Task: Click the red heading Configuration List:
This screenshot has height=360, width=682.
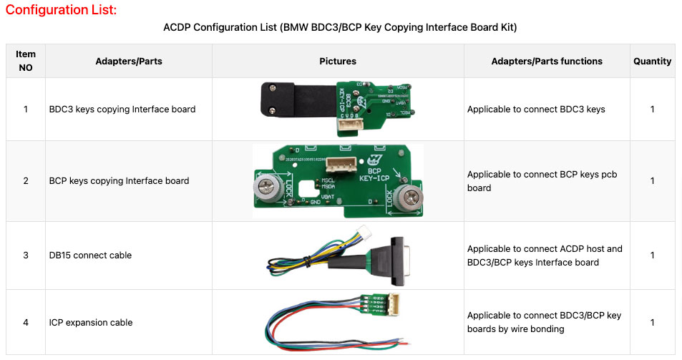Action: tap(61, 10)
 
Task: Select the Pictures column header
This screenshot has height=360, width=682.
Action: tap(337, 62)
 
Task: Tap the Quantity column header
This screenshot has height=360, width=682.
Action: tap(652, 62)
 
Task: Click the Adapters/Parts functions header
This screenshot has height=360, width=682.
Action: tap(547, 62)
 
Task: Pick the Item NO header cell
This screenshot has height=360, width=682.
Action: tap(25, 62)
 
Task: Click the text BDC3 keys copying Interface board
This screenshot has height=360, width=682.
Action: tap(122, 110)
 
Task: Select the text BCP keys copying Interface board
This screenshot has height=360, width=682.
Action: tap(119, 181)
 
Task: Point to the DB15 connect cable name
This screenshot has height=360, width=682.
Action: tap(90, 256)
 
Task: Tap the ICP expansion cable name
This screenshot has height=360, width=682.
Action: tap(91, 323)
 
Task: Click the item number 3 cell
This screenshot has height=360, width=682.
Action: tap(25, 256)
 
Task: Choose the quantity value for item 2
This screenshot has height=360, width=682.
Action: tap(652, 181)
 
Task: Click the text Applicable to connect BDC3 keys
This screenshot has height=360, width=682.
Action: tap(536, 110)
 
